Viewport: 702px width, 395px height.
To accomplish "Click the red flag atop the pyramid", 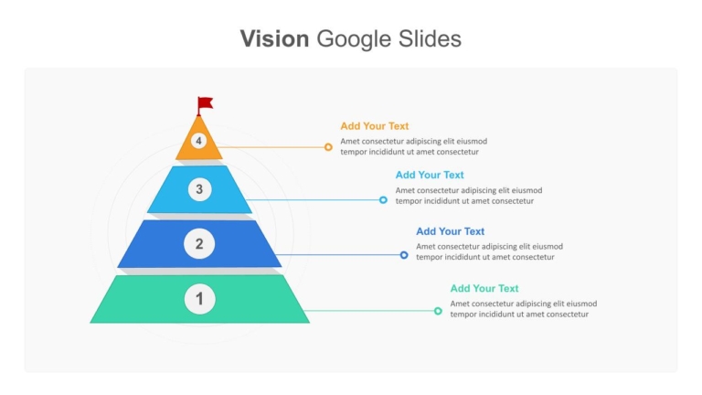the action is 205,105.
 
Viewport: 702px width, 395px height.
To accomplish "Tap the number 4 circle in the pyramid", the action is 198,141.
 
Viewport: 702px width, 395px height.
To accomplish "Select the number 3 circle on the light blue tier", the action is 199,189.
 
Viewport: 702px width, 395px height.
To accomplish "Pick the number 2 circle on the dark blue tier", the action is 199,243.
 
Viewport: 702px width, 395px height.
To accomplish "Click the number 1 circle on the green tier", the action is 199,299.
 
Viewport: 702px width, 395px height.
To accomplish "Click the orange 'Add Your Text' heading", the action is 374,126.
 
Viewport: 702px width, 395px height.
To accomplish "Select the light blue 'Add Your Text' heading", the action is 430,175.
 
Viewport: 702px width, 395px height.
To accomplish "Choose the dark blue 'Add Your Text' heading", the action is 450,231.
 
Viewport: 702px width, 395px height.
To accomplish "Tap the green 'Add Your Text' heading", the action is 484,288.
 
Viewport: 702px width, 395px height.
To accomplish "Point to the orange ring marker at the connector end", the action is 328,147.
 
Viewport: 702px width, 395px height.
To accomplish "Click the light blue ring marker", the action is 383,199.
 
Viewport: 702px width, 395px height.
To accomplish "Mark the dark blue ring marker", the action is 404,255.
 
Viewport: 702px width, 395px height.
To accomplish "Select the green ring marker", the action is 438,311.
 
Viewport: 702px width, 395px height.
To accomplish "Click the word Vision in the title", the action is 274,38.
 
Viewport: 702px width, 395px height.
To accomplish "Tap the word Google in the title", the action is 354,39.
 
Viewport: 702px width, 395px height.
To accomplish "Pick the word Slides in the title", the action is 430,38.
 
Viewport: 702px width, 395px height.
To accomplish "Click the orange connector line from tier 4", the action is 271,147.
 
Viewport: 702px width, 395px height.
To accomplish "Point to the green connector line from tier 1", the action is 369,311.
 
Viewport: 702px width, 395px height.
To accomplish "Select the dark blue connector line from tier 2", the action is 338,255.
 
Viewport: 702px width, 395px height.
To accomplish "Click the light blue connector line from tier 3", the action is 313,199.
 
